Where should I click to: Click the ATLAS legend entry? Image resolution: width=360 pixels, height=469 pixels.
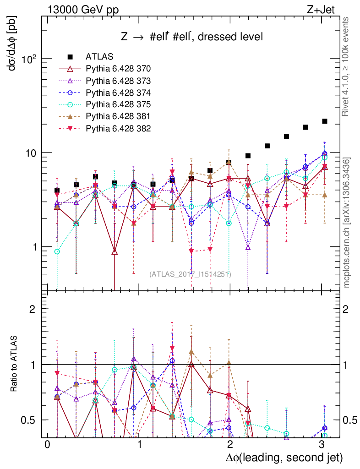[x=99, y=57]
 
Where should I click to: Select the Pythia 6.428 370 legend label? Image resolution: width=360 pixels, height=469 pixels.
[x=118, y=69]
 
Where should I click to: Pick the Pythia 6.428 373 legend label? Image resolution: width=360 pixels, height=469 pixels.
[x=118, y=81]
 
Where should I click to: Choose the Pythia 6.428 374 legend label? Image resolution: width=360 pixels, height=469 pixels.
[x=118, y=93]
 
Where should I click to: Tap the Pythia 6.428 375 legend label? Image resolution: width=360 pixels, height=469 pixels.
[x=118, y=104]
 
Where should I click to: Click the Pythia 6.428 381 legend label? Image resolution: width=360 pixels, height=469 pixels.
[x=118, y=116]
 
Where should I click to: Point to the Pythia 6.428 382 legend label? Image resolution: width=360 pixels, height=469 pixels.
[x=118, y=128]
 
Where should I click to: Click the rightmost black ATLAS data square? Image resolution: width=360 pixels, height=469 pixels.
[x=325, y=121]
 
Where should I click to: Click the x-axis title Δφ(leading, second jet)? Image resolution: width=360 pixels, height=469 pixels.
[x=284, y=458]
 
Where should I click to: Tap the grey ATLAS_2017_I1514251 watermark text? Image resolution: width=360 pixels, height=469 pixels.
[x=190, y=274]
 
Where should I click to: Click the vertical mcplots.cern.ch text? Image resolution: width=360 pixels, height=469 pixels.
[x=347, y=222]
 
